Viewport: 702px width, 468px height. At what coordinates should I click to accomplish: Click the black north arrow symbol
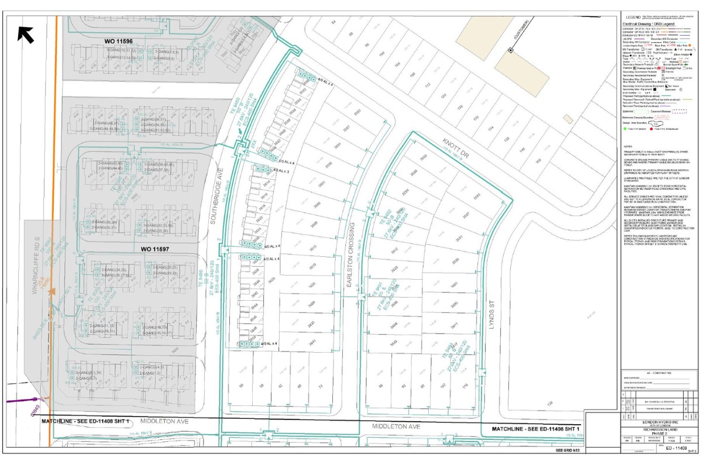click(26, 35)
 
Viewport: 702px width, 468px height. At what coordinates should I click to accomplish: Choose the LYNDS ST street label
click(492, 319)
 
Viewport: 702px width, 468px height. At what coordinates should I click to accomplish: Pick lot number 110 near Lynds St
click(466, 387)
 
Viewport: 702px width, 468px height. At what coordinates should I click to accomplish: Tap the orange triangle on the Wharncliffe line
click(53, 290)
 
